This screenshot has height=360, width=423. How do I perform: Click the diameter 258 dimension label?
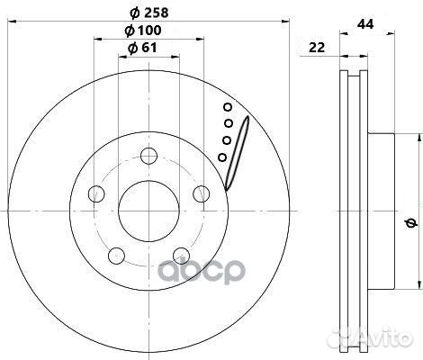pyautogui.click(x=149, y=13)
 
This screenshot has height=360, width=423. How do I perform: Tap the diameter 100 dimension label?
pyautogui.click(x=143, y=31)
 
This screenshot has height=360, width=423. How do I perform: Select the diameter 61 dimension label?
pyautogui.click(x=142, y=48)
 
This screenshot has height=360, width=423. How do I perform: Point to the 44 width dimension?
pyautogui.click(x=365, y=24)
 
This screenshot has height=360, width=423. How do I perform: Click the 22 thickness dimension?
pyautogui.click(x=317, y=48)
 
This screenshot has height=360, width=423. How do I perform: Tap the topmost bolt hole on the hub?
pyautogui.click(x=149, y=156)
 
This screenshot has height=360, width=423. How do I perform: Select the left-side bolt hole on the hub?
pyautogui.click(x=96, y=193)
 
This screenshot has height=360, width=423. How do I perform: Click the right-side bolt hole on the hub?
pyautogui.click(x=202, y=193)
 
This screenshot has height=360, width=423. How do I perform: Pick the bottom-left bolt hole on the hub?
pyautogui.click(x=116, y=256)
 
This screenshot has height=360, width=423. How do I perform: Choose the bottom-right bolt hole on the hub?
pyautogui.click(x=182, y=256)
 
